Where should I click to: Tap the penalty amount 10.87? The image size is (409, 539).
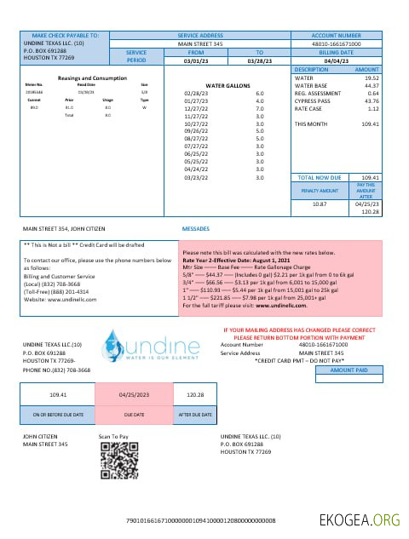320,204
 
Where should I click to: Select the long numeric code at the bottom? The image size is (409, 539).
206,519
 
